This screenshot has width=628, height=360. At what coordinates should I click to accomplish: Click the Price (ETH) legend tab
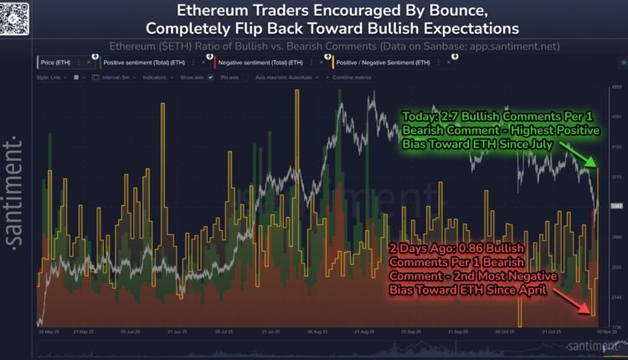pyautogui.click(x=59, y=62)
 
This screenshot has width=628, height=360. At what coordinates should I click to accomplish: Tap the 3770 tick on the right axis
pyautogui.click(x=615, y=177)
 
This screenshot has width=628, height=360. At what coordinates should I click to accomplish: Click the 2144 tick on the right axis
pyautogui.click(x=615, y=297)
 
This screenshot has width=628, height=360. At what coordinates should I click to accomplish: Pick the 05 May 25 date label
pyautogui.click(x=48, y=332)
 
